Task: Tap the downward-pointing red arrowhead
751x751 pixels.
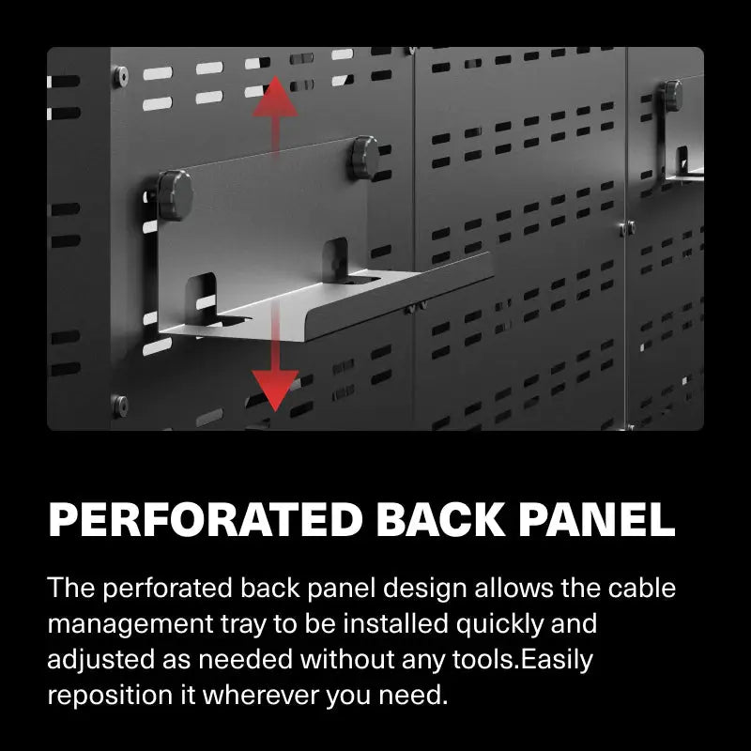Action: click(x=274, y=387)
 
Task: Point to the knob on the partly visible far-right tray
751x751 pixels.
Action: click(x=672, y=95)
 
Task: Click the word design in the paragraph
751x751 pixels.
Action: click(x=417, y=589)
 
